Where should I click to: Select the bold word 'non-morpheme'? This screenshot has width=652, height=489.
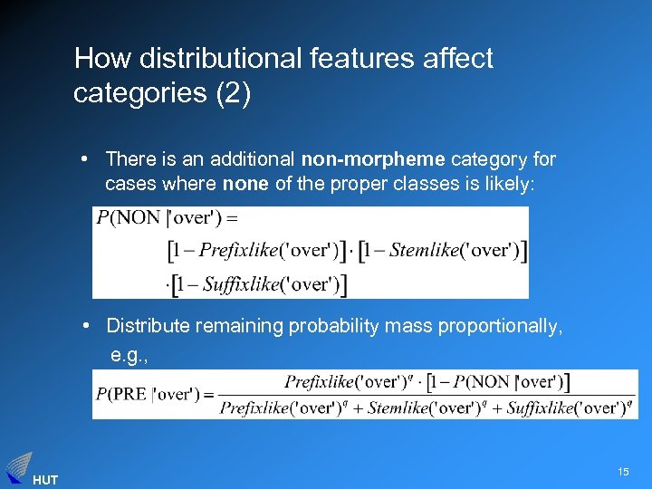click(373, 159)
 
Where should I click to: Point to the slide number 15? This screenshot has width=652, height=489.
click(623, 472)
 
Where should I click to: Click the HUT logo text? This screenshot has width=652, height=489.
click(44, 480)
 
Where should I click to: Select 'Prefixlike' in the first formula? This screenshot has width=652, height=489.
click(237, 251)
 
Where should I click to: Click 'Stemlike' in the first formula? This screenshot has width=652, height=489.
click(425, 251)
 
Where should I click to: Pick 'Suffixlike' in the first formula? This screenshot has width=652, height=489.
click(241, 284)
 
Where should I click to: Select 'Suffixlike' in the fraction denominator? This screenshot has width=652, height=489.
click(540, 408)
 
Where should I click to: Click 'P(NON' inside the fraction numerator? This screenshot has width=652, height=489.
click(498, 381)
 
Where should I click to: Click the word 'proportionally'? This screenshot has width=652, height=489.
click(503, 326)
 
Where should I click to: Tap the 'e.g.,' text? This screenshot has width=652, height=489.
click(129, 355)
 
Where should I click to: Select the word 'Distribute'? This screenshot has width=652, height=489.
click(145, 326)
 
